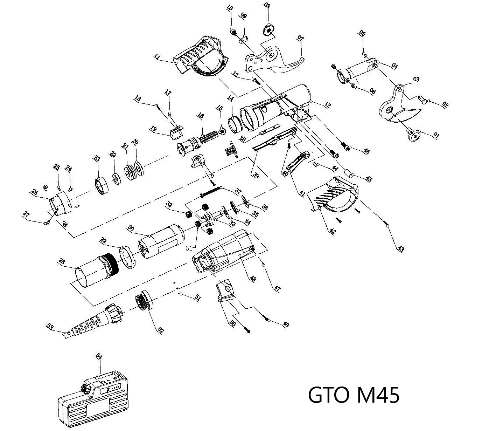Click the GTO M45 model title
[x=354, y=395]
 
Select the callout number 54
[x=99, y=356]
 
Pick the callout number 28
[x=62, y=261]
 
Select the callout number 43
[x=400, y=249]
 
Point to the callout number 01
[x=436, y=135]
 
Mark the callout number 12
[x=327, y=105]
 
